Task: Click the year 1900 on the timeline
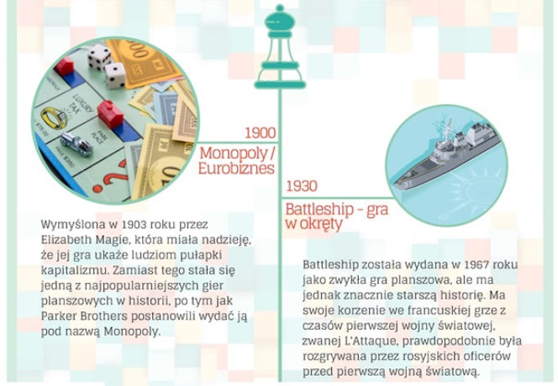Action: pos(261,133)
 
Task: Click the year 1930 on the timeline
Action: pos(302,186)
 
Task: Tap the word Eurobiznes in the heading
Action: pos(236,168)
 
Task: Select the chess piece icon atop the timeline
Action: pos(280,47)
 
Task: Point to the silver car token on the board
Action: pos(76,143)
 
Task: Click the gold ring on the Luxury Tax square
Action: pos(54,118)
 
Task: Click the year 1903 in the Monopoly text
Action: pos(134,225)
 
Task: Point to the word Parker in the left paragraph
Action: pos(59,316)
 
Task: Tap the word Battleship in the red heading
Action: pos(319,209)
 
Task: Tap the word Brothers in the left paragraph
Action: pos(103,316)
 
